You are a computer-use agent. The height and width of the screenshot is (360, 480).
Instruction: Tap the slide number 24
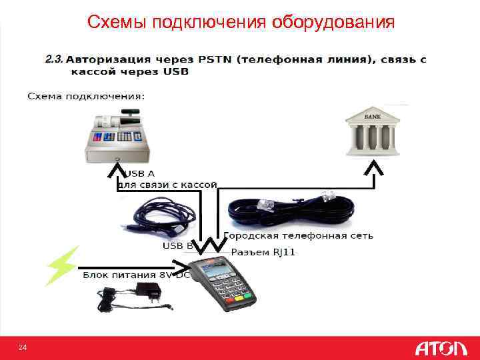[x=23, y=347]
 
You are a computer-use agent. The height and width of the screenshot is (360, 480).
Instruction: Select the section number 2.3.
[x=54, y=59]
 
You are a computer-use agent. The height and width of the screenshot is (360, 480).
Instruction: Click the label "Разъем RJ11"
[x=263, y=253]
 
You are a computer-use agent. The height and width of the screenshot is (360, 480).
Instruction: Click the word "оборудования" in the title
[x=333, y=23]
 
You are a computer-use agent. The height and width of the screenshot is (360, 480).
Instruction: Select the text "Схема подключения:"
[x=85, y=97]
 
